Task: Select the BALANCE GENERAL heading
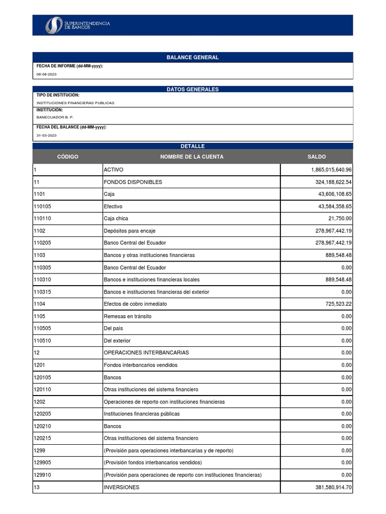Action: (x=192, y=57)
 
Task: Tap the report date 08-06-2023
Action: (x=46, y=74)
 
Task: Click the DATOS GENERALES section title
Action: (x=192, y=89)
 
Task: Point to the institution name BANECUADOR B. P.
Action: (x=55, y=117)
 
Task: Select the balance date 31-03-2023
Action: (x=46, y=136)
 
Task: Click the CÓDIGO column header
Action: (x=67, y=157)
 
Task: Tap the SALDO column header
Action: (x=316, y=157)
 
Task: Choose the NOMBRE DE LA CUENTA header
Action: (x=191, y=157)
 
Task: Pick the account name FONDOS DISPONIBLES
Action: (x=133, y=182)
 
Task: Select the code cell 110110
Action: (x=42, y=218)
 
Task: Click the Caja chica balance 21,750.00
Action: (x=340, y=218)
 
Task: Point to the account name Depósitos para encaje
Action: (x=129, y=231)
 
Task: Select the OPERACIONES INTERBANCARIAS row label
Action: (x=146, y=353)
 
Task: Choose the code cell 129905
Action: (x=42, y=462)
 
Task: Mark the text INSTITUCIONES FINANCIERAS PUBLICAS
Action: (x=75, y=103)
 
